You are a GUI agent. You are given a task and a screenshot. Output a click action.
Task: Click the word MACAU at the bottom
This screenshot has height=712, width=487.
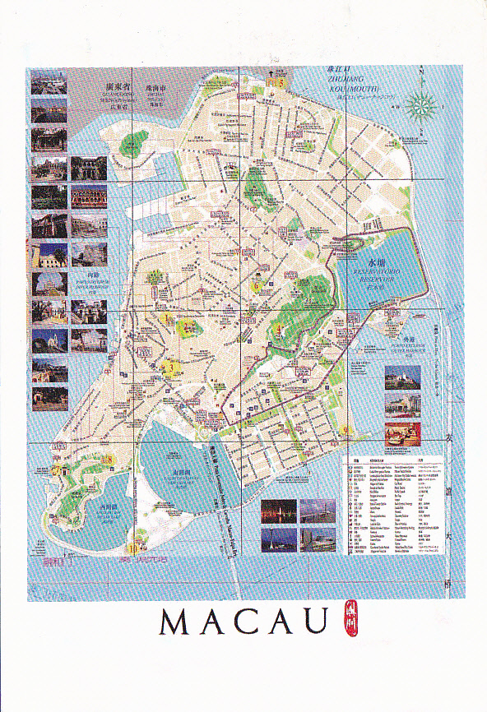pyautogui.click(x=243, y=622)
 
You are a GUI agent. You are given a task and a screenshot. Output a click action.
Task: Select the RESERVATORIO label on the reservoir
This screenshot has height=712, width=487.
pyautogui.click(x=376, y=269)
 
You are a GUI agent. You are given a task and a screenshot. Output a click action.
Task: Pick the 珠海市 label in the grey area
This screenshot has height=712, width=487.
pyautogui.click(x=156, y=85)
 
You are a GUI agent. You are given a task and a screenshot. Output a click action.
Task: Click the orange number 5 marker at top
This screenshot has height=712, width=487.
pyautogui.click(x=280, y=81)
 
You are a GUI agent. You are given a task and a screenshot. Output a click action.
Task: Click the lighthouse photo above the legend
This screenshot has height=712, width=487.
pyautogui.click(x=402, y=377)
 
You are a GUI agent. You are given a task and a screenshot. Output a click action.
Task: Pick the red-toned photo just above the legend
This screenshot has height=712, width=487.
pyautogui.click(x=402, y=432)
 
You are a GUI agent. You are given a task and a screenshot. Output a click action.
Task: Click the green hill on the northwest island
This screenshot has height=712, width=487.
pyautogui.click(x=129, y=146)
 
